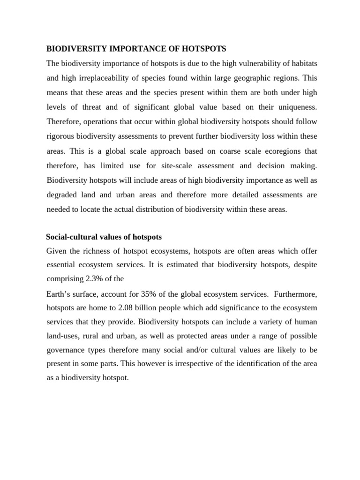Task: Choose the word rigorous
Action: click(62, 136)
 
